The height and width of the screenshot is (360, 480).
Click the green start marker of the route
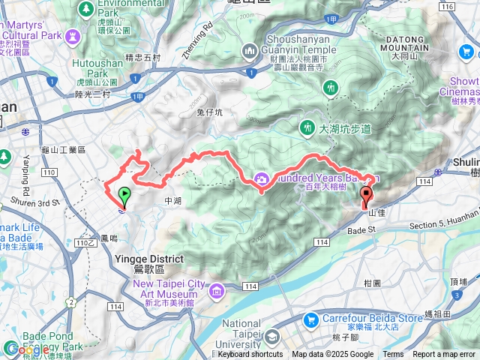coord(124,196)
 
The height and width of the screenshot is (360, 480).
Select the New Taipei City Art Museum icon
coord(217,289)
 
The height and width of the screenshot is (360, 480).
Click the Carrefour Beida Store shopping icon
coord(310,319)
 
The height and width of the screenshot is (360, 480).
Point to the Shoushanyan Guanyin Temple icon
coord(250,51)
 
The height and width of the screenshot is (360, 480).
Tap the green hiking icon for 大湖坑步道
coord(307,128)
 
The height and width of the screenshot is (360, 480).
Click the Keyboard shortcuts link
coord(250,355)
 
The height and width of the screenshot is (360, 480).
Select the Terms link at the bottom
coord(393,355)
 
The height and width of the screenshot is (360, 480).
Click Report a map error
coord(445,355)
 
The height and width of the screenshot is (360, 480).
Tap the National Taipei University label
coord(238,330)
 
